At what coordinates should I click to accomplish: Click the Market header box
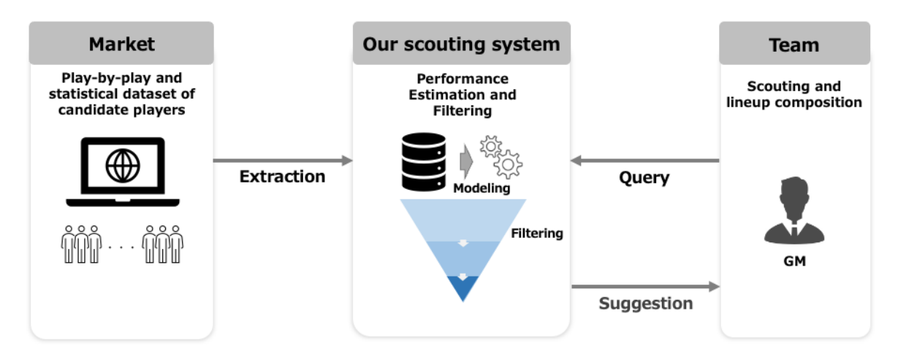121,44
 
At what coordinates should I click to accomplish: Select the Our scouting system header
461,44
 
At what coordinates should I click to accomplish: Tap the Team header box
794,44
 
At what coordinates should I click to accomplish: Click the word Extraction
282,177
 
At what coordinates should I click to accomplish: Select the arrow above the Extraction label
283,161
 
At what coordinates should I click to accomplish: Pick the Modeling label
482,188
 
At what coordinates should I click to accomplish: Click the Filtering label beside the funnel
537,234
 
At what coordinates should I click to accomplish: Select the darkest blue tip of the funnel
462,288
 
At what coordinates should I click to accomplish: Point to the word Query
644,177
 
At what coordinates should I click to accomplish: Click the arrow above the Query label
644,161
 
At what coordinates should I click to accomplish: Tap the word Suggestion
645,303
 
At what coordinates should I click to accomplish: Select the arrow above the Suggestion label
645,287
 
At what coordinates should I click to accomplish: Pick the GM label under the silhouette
794,261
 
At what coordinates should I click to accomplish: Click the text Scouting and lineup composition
794,95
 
